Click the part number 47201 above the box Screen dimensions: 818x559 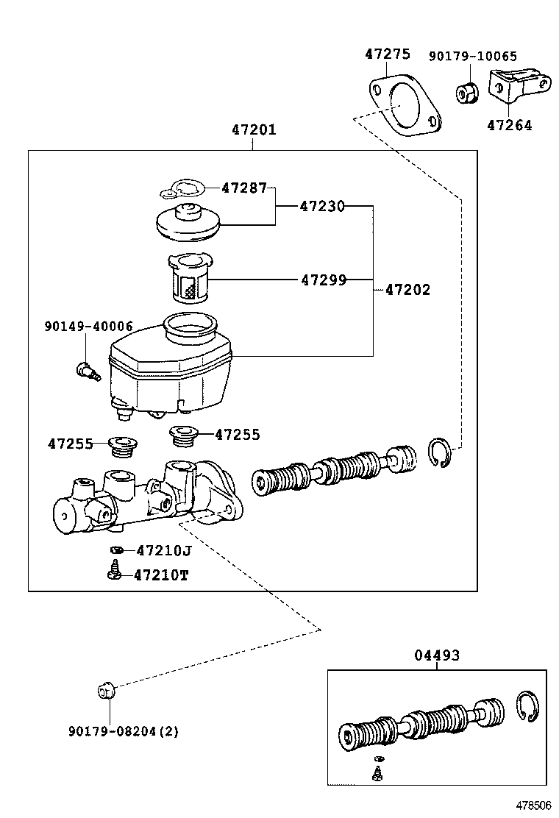pos(254,130)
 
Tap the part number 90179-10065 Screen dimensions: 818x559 pos(473,56)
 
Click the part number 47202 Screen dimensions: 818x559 pos(407,290)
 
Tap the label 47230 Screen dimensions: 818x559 pos(321,207)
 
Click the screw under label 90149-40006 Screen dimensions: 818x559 pos(86,370)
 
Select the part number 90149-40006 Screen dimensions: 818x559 pos(88,326)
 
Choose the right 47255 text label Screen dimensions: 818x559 pos(237,435)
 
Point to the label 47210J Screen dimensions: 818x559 pos(163,550)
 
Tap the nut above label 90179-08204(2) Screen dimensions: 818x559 pos(106,691)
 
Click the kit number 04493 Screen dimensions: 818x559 pos(436,655)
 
